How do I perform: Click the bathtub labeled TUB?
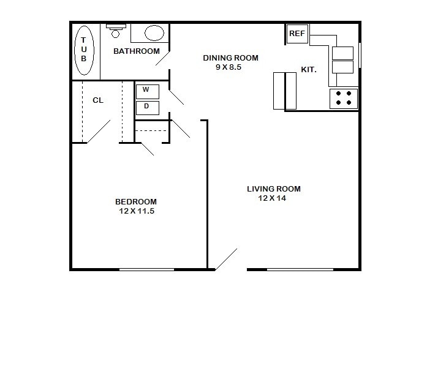(x=85, y=51)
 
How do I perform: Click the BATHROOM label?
(x=137, y=51)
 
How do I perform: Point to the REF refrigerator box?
(x=297, y=34)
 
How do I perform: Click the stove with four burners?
(x=344, y=98)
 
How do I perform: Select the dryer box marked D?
(x=147, y=107)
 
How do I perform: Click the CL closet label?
(x=97, y=100)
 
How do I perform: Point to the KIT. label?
(x=309, y=70)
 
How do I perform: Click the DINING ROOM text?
(x=230, y=58)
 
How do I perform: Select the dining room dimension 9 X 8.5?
(x=229, y=67)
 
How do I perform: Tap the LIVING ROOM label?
(x=273, y=189)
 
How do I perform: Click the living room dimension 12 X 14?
(x=272, y=198)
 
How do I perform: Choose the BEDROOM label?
(x=136, y=202)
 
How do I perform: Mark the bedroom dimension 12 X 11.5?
(x=136, y=211)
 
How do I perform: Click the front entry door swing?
(x=226, y=259)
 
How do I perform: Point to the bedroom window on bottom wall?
(x=147, y=269)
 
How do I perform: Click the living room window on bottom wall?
(x=300, y=269)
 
